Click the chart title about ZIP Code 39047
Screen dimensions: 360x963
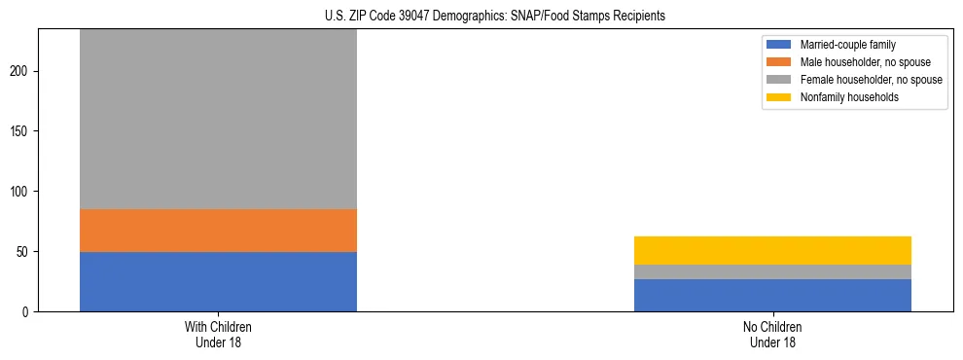point(495,16)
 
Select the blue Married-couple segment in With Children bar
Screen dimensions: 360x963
point(218,281)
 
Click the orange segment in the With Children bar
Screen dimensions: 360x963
point(218,231)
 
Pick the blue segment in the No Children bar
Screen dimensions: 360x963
point(772,295)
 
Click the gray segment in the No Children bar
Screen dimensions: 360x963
point(772,271)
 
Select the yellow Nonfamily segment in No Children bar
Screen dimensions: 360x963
point(772,250)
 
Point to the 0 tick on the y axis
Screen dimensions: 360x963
point(28,312)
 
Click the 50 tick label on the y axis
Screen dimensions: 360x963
point(25,252)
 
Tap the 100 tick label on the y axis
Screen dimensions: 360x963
point(22,192)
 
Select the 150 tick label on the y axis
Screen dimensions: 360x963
point(22,131)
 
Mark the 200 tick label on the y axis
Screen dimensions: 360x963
point(22,72)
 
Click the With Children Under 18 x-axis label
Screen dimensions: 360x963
point(218,335)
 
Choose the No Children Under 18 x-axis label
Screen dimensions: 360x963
point(772,335)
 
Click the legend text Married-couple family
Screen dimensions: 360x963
point(847,45)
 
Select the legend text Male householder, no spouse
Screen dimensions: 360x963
point(861,62)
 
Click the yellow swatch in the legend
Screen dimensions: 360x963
point(779,97)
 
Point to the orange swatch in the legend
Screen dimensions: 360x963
point(779,62)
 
